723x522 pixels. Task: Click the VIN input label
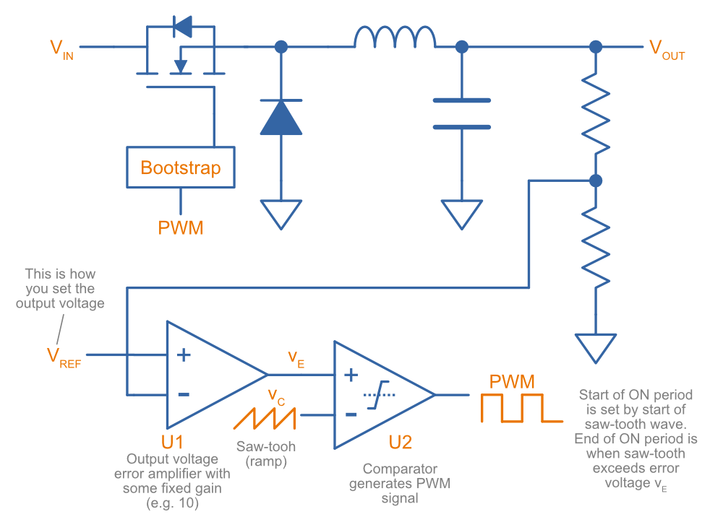point(61,50)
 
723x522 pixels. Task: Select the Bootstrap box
point(180,168)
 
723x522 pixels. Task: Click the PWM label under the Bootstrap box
point(181,228)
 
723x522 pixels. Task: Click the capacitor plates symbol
point(461,114)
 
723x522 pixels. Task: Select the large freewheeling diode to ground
point(281,118)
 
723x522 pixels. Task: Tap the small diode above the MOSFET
point(182,27)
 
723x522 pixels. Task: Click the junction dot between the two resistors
point(595,180)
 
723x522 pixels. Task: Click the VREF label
point(64,357)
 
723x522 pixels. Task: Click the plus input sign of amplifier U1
point(184,354)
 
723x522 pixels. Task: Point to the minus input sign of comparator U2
point(351,414)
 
